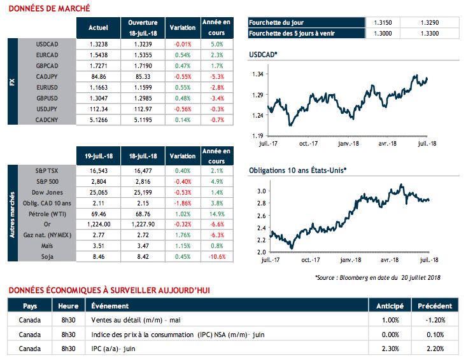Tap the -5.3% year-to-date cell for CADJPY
tap(216, 74)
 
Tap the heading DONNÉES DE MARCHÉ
tap(49, 8)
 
